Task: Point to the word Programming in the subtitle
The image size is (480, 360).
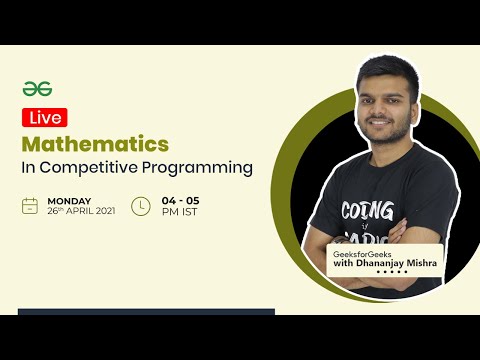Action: point(201,167)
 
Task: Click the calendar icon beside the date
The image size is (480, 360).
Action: point(31,206)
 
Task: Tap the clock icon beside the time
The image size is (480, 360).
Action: point(141,206)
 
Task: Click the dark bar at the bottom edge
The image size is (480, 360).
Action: point(145,312)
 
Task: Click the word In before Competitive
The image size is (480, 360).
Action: point(28,167)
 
